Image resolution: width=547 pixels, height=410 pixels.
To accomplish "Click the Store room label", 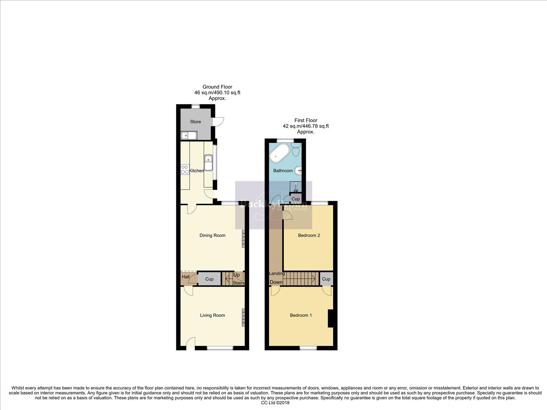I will pyautogui.click(x=195, y=122).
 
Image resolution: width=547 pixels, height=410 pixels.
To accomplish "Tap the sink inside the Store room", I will pyautogui.click(x=188, y=135).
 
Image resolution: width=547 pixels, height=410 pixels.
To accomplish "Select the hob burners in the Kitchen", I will pyautogui.click(x=185, y=169).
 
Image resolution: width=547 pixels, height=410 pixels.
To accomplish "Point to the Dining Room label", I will pyautogui.click(x=212, y=235).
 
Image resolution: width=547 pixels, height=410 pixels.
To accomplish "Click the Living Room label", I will pyautogui.click(x=212, y=315).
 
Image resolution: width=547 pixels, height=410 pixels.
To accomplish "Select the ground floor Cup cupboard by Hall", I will pyautogui.click(x=209, y=279).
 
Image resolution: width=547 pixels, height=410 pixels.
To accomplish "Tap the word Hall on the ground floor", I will pyautogui.click(x=185, y=277).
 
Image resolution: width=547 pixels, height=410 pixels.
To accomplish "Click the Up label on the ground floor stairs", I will pyautogui.click(x=236, y=275).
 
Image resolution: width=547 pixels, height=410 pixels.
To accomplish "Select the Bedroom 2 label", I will pyautogui.click(x=309, y=235).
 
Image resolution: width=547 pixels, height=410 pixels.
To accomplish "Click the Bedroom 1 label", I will pyautogui.click(x=301, y=315).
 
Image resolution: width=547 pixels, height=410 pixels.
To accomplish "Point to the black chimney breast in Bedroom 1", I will pyautogui.click(x=330, y=319).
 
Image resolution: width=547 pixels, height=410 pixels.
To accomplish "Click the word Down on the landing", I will pyautogui.click(x=276, y=282).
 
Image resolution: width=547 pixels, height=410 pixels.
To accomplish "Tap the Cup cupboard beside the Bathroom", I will pyautogui.click(x=296, y=199).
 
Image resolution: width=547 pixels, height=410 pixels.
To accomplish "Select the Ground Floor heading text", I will pyautogui.click(x=217, y=87).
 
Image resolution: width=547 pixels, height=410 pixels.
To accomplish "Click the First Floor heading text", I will pyautogui.click(x=306, y=120).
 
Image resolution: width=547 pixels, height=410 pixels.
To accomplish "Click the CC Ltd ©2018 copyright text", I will pyautogui.click(x=275, y=403).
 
